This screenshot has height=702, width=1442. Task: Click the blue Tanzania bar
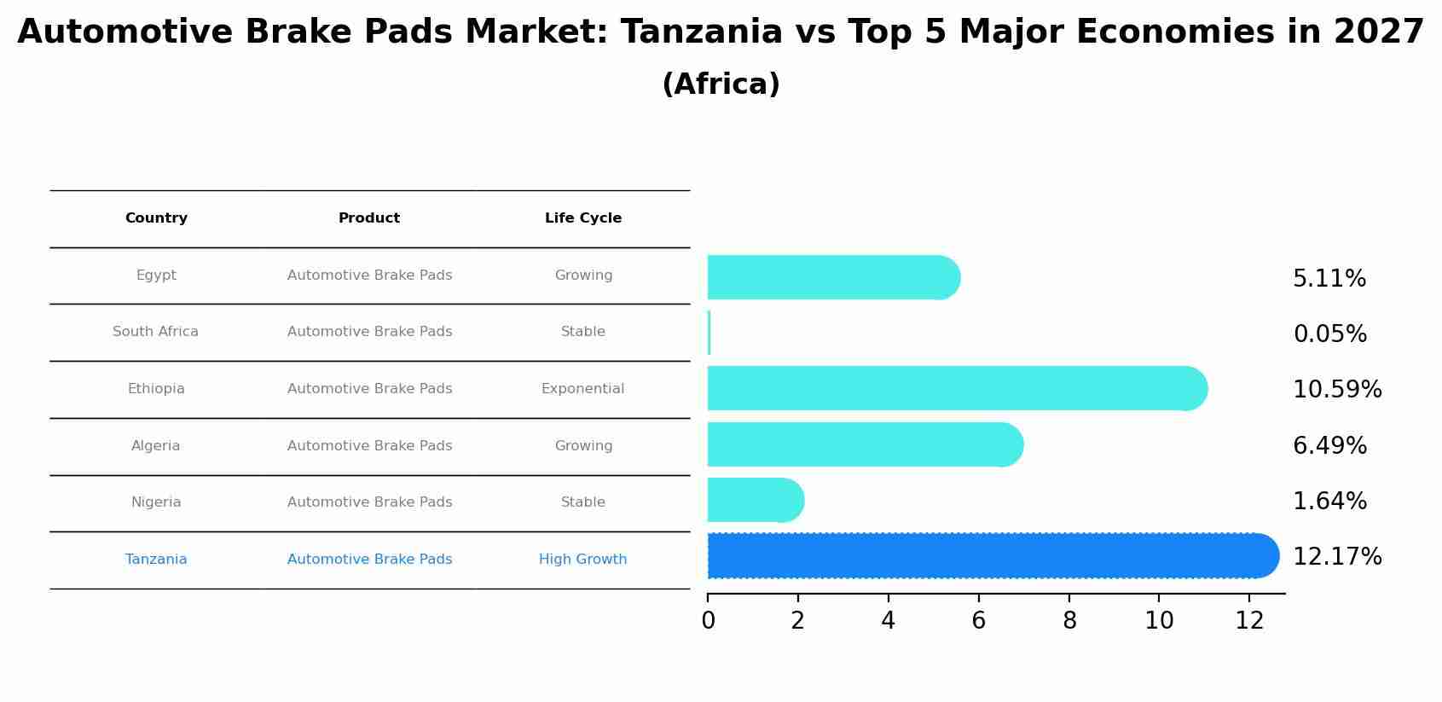[989, 556]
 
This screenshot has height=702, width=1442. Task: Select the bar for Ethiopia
[955, 389]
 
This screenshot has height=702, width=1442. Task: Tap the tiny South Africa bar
[709, 334]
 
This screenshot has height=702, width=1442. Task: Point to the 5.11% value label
[1329, 279]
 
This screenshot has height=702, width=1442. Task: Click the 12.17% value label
[1336, 557]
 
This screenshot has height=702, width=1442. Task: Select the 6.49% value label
[1329, 446]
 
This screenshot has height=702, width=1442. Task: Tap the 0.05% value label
[1329, 334]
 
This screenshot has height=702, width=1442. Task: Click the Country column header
[156, 218]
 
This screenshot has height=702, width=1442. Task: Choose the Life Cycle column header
[583, 218]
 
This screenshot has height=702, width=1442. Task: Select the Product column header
[369, 218]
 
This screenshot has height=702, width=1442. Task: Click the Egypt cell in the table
[156, 276]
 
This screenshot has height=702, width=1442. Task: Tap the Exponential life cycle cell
[582, 389]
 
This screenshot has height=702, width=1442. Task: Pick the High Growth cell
[582, 560]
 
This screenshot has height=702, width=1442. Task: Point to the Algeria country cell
[156, 446]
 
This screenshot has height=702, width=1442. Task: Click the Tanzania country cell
[156, 560]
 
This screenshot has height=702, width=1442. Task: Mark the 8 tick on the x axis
[1069, 621]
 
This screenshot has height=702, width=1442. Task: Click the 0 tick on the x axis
[708, 621]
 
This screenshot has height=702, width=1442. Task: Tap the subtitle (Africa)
[721, 84]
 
